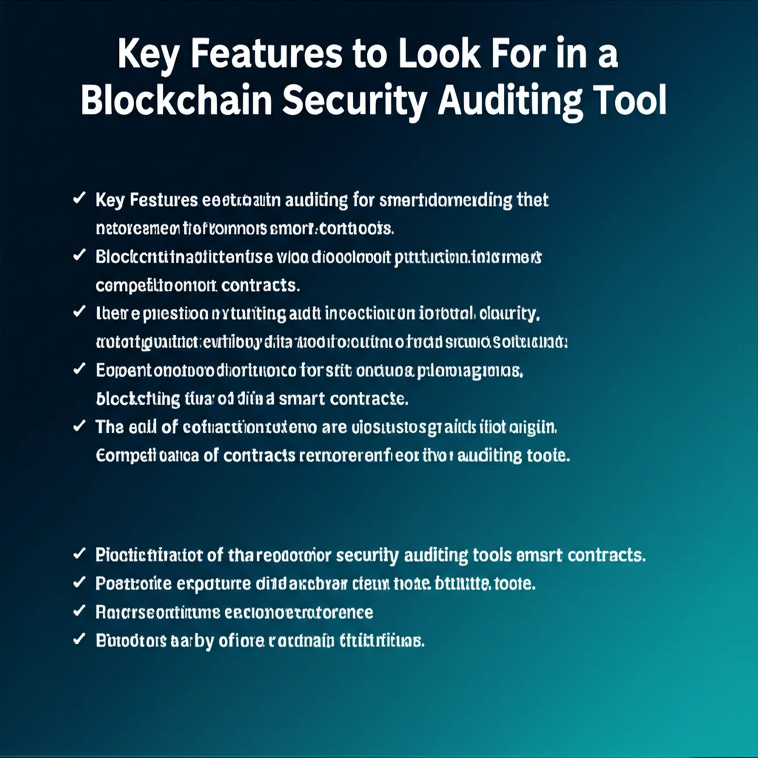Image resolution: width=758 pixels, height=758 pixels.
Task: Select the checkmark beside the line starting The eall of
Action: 79,426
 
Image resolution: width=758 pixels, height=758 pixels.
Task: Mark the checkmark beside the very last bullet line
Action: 79,639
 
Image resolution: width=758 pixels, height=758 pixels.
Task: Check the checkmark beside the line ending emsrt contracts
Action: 79,553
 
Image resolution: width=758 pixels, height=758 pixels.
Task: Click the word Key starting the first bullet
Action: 110,201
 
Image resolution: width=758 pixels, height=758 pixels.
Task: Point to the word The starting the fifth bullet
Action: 110,427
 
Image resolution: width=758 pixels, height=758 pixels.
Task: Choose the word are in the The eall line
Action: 334,427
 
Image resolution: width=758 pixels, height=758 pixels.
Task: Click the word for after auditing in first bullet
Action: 362,201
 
